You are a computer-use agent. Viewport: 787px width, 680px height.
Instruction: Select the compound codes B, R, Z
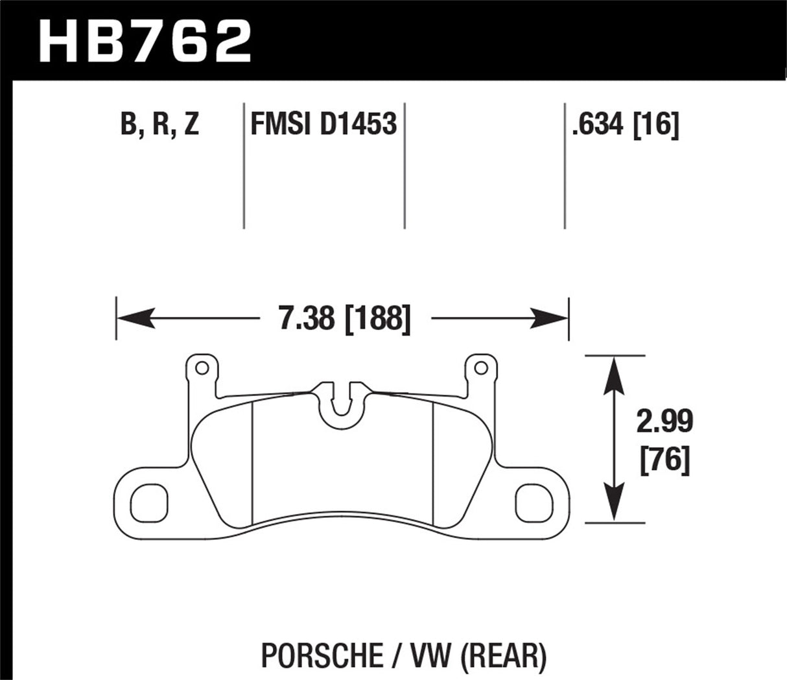[159, 123]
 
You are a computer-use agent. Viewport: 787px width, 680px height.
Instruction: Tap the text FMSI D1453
[323, 123]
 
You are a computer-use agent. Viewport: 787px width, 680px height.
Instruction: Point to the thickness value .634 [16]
[625, 123]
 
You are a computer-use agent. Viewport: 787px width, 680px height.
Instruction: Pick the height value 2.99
[664, 422]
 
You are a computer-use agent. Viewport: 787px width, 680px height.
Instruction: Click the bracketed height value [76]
[664, 462]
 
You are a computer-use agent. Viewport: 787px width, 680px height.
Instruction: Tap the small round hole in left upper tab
[202, 369]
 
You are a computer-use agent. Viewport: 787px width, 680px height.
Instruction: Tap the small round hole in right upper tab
[480, 369]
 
